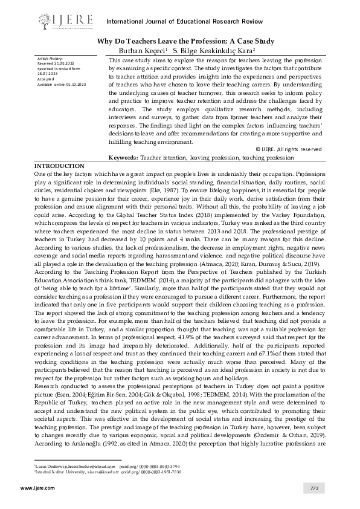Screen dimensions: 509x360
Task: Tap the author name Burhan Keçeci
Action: tap(144, 51)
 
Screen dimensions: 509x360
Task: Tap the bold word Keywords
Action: tap(123, 157)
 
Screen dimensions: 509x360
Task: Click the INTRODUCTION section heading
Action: tap(59, 166)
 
